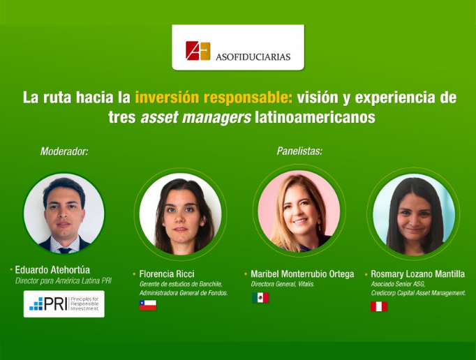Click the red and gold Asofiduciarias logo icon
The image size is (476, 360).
click(x=198, y=51)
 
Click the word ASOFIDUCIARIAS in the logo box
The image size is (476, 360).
click(x=253, y=57)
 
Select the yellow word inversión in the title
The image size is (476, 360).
click(x=168, y=98)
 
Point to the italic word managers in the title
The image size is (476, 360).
click(x=216, y=118)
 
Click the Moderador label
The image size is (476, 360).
click(x=64, y=151)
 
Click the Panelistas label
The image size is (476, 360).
click(x=299, y=151)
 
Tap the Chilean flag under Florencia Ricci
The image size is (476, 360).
click(x=148, y=305)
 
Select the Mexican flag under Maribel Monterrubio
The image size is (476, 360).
click(x=260, y=297)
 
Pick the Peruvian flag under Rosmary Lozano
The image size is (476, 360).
click(x=379, y=306)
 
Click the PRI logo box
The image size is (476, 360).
click(x=64, y=304)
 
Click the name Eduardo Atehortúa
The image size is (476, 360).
click(x=52, y=269)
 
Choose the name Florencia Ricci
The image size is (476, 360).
click(x=167, y=273)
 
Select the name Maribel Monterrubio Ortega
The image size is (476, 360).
click(x=302, y=273)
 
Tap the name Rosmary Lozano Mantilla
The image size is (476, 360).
click(x=417, y=273)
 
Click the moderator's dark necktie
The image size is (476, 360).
click(x=65, y=250)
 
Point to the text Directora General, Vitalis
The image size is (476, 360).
click(x=283, y=284)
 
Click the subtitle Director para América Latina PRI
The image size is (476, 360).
click(x=64, y=280)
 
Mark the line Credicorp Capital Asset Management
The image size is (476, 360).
click(x=418, y=293)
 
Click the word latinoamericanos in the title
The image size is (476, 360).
click(x=315, y=117)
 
